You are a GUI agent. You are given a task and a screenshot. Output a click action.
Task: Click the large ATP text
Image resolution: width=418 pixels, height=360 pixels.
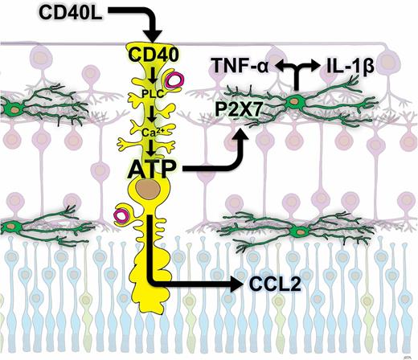tap(152, 169)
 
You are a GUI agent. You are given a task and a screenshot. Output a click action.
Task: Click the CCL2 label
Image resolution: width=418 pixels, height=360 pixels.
tap(273, 284)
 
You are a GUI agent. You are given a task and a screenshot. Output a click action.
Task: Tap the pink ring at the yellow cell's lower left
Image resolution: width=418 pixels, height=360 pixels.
tap(123, 215)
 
